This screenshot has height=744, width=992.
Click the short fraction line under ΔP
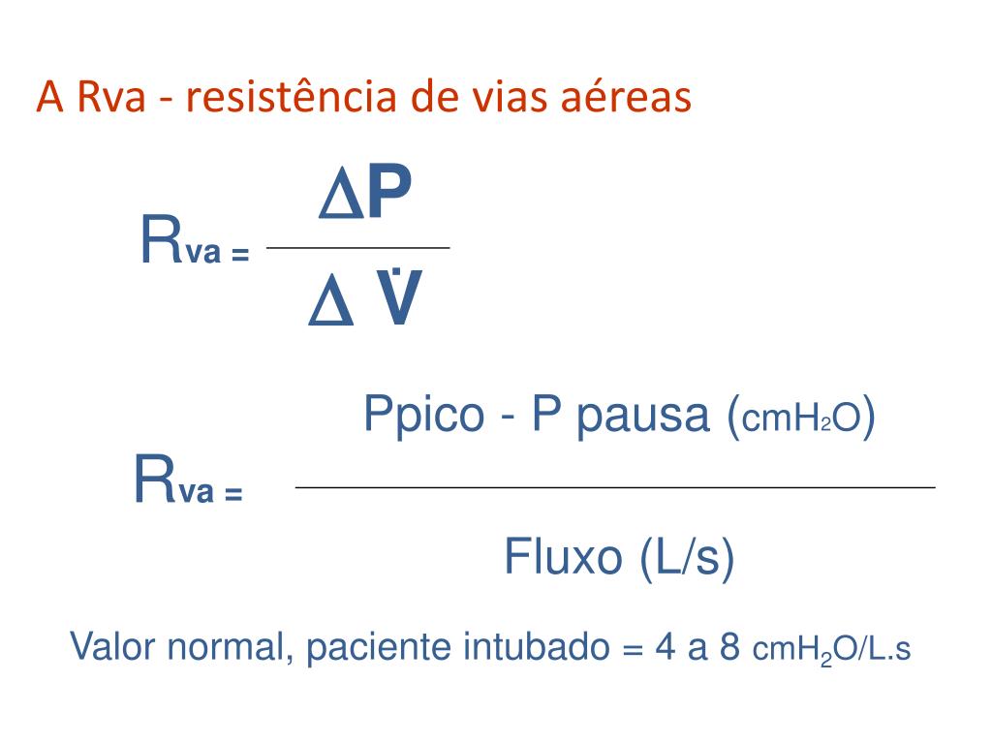[357, 249]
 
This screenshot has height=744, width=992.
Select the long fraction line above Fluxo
[615, 487]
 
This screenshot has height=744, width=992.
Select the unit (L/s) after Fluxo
[685, 558]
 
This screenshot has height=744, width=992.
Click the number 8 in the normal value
[730, 647]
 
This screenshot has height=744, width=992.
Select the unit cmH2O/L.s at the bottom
[831, 650]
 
